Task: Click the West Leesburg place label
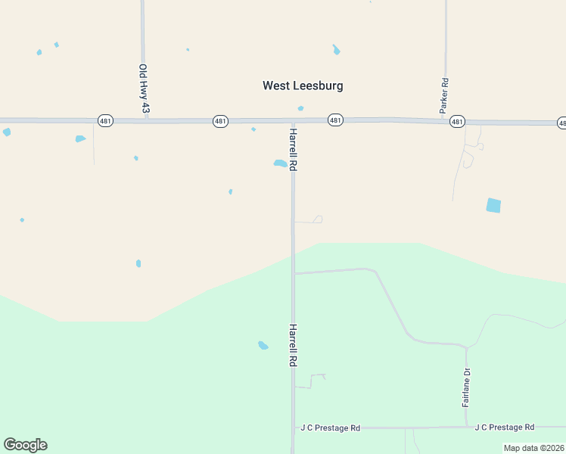[x=303, y=86]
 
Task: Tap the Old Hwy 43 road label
[x=143, y=89]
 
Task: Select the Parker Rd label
[x=445, y=95]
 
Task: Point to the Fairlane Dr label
[x=466, y=387]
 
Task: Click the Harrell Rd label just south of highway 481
[x=292, y=149]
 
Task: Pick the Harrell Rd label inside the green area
[x=292, y=346]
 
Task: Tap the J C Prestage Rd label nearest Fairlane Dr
[x=505, y=427]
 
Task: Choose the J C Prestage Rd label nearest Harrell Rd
[x=330, y=428]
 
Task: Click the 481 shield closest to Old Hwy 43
[x=105, y=121]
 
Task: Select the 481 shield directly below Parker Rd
[x=456, y=121]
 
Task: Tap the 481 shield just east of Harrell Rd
[x=336, y=120]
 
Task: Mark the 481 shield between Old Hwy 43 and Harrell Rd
[x=220, y=121]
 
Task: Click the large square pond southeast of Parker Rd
[x=493, y=205]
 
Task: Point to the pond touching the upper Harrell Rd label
[x=280, y=163]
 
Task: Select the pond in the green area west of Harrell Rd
[x=263, y=345]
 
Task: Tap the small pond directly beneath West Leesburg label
[x=300, y=108]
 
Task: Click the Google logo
[x=25, y=445]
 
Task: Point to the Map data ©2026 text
[x=533, y=448]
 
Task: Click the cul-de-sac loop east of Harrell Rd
[x=319, y=219]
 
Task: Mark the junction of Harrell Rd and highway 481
[x=293, y=120]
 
